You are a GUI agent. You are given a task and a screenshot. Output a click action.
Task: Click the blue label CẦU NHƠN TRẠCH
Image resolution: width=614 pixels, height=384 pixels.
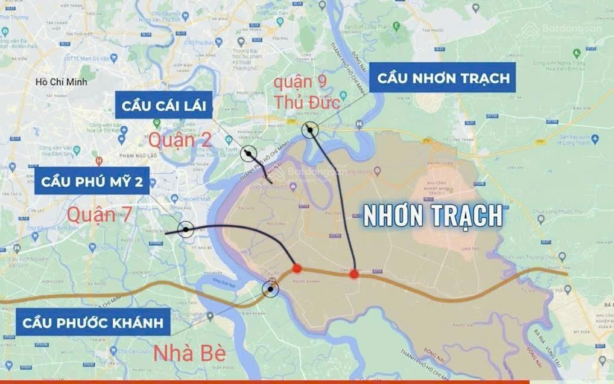pos(443,78)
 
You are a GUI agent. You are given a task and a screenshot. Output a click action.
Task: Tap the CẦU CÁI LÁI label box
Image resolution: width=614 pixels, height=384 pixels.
pos(163,106)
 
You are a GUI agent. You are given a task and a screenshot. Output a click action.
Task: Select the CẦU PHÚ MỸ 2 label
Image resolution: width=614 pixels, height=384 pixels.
pos(92,182)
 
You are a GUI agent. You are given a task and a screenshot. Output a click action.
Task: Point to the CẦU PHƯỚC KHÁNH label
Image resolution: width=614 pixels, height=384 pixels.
pos(93,322)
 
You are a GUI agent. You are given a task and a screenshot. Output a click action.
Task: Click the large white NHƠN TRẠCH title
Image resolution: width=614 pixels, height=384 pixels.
pos(432,216)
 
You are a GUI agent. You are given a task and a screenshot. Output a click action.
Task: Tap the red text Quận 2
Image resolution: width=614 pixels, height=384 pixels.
pos(180,140)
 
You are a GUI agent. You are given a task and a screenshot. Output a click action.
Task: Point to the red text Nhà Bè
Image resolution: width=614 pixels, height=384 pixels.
pos(189,353)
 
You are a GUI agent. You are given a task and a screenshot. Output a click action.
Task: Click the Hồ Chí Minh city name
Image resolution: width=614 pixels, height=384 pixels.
pos(61,82)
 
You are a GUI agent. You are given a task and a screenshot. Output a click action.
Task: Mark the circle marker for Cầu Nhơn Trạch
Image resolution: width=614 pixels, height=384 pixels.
pos(310,129)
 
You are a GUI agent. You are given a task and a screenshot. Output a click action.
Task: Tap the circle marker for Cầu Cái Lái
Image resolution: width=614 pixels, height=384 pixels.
pos(248,154)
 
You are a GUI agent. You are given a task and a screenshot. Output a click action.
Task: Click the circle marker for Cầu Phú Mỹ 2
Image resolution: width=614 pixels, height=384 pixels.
pos(186,229)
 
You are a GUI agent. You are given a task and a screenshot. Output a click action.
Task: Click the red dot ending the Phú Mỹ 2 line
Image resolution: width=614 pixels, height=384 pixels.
pos(296,269)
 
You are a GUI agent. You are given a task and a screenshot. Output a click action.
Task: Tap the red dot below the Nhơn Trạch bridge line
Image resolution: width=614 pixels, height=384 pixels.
pos(354,274)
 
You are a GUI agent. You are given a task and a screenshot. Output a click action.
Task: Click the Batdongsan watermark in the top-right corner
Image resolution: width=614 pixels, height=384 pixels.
pos(564,31)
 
